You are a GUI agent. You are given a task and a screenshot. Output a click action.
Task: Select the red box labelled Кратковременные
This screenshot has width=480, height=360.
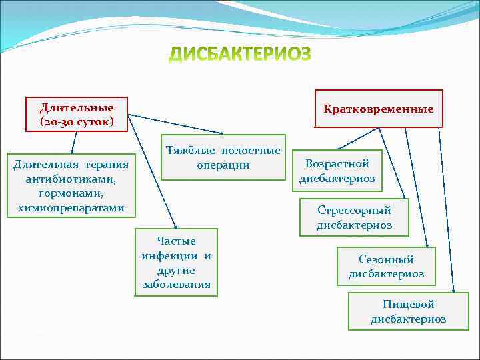(x=378, y=109)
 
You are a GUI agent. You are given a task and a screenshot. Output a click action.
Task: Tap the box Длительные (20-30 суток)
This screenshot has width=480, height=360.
(x=76, y=115)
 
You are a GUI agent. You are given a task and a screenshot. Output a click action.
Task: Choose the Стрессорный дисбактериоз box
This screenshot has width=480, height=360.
(x=354, y=217)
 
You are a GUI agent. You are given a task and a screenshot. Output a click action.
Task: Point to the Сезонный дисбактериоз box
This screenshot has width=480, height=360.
(x=386, y=267)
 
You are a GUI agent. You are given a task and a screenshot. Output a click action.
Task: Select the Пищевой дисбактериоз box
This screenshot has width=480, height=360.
(x=408, y=311)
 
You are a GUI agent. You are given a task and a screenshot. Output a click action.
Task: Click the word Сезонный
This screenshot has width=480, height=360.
(x=386, y=259)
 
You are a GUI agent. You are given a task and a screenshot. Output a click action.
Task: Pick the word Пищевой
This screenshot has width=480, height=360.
(x=408, y=304)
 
